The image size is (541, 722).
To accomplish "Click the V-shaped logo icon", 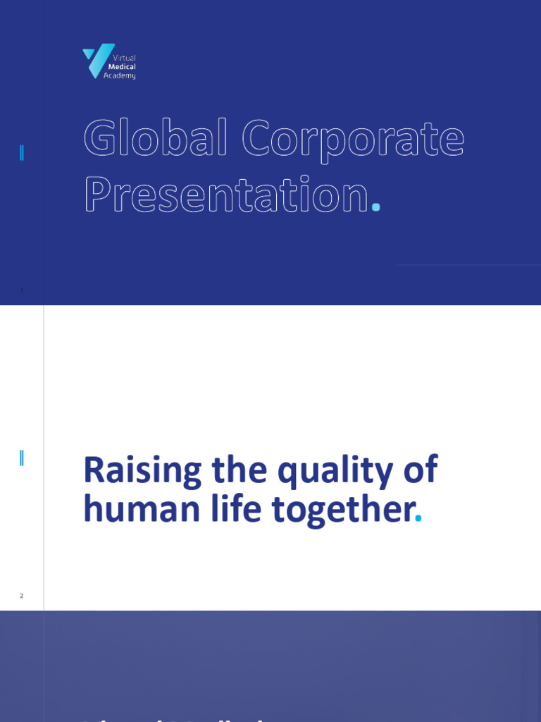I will (97, 60).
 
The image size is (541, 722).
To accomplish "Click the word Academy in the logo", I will (120, 75).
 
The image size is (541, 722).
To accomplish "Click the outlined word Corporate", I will (353, 140).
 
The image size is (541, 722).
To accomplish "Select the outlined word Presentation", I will (226, 194).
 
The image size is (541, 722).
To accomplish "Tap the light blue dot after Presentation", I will (376, 207).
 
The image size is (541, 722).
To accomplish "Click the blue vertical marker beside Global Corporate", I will (22, 152).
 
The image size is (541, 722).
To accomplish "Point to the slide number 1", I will (22, 290).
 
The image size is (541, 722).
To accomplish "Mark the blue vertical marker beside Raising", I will (22, 458).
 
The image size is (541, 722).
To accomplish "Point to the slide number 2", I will (22, 596).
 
